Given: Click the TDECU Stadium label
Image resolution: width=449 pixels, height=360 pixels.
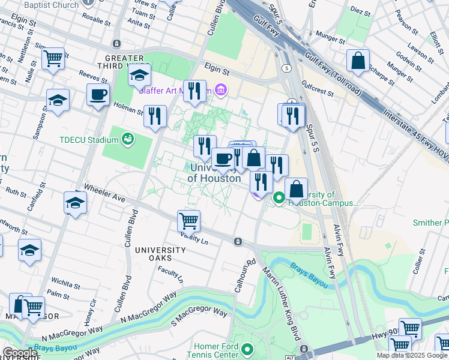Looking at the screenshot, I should (x=89, y=140).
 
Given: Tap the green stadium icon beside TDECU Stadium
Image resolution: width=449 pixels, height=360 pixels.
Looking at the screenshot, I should (x=127, y=140).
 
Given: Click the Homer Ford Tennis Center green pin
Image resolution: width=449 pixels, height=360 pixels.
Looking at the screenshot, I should (x=247, y=349).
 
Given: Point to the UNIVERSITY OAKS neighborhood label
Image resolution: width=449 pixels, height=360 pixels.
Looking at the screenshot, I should (x=160, y=254).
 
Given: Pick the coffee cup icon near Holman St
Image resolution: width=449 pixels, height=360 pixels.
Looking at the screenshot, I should (x=98, y=94).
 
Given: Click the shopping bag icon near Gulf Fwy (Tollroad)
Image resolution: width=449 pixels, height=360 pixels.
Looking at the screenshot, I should (x=358, y=61).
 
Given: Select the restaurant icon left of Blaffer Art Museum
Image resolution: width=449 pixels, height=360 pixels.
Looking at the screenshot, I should (x=194, y=91).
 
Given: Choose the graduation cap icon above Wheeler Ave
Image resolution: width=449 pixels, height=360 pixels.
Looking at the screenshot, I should (x=75, y=203).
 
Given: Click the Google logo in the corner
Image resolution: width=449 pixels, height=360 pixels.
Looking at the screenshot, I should (x=20, y=353).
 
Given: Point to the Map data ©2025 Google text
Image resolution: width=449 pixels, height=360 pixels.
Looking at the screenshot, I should (x=412, y=355).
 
